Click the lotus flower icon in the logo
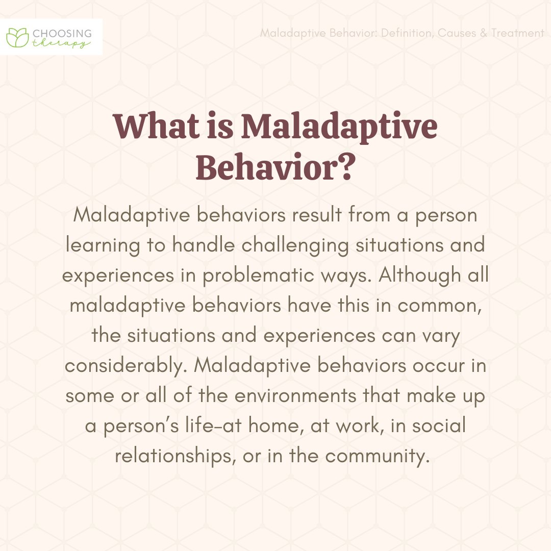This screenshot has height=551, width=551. click(17, 38)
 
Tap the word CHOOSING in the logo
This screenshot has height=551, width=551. click(62, 34)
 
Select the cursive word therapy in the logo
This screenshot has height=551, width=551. click(61, 43)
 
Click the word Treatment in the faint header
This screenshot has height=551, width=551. click(518, 33)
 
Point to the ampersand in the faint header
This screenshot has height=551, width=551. click(484, 33)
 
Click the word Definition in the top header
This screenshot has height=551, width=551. click(407, 33)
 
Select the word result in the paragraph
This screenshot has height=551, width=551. click(317, 215)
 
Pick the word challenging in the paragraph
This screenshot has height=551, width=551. click(295, 245)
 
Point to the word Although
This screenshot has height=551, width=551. click(420, 275)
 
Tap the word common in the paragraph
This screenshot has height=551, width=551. click(440, 306)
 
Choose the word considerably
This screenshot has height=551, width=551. click(126, 366)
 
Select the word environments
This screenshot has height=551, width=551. click(295, 396)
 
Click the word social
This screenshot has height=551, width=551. click(439, 425)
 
